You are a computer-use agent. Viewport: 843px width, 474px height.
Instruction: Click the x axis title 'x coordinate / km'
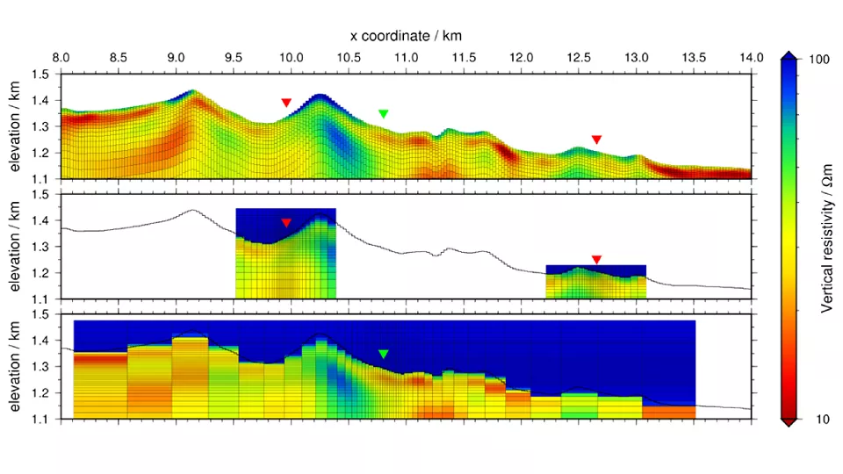pos(405,35)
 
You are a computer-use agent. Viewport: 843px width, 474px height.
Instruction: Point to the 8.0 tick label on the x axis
pos(61,58)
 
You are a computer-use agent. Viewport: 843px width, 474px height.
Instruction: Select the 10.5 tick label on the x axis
pos(349,58)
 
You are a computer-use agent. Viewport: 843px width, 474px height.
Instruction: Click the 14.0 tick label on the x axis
pos(751,58)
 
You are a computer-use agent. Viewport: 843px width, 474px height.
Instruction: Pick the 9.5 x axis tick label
pos(234,58)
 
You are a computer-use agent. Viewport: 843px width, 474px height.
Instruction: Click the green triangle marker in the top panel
pos(383,113)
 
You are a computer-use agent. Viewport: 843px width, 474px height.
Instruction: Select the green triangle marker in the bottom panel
pos(383,354)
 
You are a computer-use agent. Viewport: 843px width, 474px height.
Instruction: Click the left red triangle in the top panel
pos(286,103)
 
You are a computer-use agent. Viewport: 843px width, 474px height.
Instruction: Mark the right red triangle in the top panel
pos(596,140)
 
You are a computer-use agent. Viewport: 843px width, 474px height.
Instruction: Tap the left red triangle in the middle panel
pos(286,223)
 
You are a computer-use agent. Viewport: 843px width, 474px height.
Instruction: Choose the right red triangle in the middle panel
pos(596,259)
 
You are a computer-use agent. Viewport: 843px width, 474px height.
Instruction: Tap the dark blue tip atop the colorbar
pos(789,55)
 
